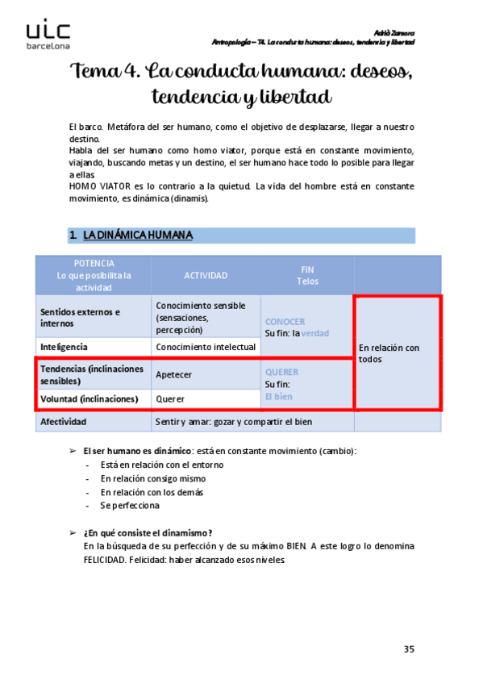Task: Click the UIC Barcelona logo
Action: [x=48, y=35]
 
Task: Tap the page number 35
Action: [x=409, y=649]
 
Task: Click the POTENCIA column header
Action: [x=94, y=275]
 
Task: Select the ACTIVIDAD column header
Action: [x=206, y=275]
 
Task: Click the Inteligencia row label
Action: [x=64, y=347]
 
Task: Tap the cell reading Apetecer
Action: [x=173, y=374]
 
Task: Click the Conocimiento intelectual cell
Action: [x=206, y=347]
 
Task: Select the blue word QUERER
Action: [x=281, y=372]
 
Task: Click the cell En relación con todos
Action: [x=389, y=353]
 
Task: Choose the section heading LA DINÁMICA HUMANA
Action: [x=138, y=235]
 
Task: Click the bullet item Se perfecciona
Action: [x=130, y=506]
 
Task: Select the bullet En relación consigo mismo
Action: [x=153, y=478]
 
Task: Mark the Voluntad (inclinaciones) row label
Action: [x=90, y=398]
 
